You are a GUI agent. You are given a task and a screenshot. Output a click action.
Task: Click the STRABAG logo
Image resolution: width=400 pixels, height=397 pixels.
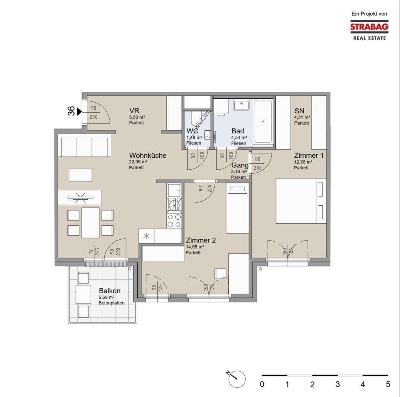pos(369,30)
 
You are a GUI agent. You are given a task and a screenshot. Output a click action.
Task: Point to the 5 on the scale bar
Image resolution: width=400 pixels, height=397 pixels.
pos(388,384)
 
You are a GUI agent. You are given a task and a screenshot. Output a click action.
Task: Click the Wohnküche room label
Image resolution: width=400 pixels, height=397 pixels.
pos(148,155)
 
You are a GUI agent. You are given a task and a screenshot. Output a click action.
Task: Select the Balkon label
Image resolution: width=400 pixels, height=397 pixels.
pos(110,290)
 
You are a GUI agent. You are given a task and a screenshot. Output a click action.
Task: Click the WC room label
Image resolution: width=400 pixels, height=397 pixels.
pos(192,131)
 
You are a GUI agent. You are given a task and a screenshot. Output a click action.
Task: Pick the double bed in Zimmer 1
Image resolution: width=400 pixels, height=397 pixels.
pos(301,200)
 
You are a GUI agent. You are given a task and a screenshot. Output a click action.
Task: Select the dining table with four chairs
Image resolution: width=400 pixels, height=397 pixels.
pos(90,223)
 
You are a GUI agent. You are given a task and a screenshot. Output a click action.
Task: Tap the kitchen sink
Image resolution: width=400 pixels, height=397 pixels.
pos(174,190)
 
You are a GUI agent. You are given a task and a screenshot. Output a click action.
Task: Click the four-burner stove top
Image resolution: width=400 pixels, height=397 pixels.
pos(174,220)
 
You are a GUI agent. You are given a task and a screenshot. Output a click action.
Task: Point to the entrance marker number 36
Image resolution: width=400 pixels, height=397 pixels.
pos(72,111)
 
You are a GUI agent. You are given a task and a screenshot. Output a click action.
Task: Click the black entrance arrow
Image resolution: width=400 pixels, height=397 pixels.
pos(79,111)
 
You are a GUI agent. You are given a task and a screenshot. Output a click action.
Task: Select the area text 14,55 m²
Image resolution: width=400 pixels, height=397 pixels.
pos(195,247)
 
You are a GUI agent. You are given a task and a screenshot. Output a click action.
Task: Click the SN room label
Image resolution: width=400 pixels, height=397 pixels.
pos(299,111)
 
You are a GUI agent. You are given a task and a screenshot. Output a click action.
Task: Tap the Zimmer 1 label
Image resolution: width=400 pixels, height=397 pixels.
pos(309,155)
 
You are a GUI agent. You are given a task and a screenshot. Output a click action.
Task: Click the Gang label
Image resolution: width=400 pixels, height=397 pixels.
pos(240,165)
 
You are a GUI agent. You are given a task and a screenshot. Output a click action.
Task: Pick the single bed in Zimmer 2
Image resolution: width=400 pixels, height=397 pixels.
pos(237,208)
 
